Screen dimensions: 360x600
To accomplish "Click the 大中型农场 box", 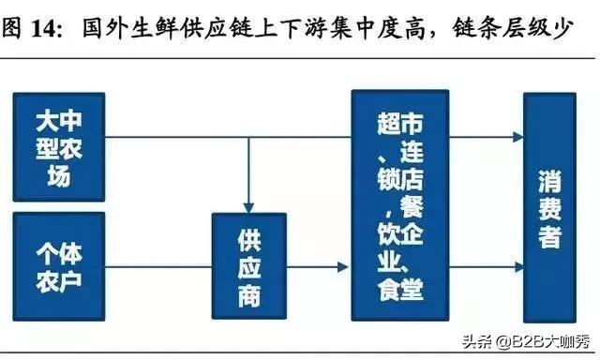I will click(58, 146).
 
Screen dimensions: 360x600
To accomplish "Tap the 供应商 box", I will click(248, 267).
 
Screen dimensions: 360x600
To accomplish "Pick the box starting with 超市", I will click(400, 206).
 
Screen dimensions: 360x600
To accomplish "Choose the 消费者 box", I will click(549, 206).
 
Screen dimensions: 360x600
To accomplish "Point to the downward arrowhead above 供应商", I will click(248, 206).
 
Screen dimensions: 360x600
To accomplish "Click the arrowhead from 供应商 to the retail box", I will click(343, 267).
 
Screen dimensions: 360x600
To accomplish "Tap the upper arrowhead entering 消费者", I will click(517, 138).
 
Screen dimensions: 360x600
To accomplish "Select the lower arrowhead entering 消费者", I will click(517, 267).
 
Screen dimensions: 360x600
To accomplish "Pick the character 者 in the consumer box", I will click(549, 236).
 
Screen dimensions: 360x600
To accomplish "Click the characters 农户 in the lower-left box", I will click(58, 279).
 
